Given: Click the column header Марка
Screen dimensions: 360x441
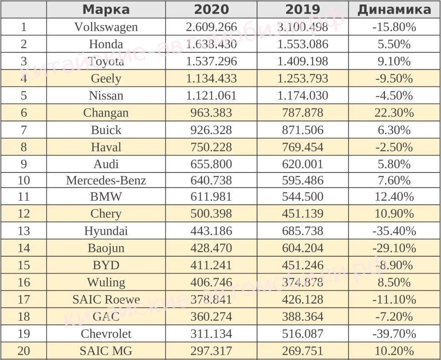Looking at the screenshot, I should [x=106, y=9].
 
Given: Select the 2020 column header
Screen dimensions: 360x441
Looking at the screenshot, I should [x=211, y=9].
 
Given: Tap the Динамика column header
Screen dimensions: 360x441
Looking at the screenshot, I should [x=394, y=9].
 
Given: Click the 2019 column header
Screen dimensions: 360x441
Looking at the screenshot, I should [x=303, y=9].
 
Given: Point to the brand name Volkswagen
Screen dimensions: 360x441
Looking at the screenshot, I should [x=106, y=27].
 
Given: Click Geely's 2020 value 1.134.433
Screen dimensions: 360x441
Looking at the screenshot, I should [x=211, y=79].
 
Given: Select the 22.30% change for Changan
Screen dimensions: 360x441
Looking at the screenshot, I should [x=394, y=112].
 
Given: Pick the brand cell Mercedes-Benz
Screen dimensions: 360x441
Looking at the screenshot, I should [x=106, y=180].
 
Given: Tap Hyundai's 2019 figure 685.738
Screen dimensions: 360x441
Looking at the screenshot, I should [x=303, y=231].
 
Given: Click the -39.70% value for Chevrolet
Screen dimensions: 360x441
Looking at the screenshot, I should [x=394, y=334].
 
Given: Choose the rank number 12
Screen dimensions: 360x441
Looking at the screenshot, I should [x=23, y=214].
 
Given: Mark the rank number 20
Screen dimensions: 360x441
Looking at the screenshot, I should [x=23, y=351].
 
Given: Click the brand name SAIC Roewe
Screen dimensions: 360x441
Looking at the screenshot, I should [x=106, y=300].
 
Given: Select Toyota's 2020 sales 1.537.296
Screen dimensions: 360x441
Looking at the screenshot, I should [x=211, y=61].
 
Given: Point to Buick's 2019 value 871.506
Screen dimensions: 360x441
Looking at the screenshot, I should [x=303, y=130].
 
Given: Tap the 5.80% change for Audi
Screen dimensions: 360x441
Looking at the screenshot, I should [x=394, y=164].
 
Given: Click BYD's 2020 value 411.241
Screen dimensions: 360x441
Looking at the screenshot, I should [x=211, y=265].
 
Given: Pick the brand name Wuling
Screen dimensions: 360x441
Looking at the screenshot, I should [x=106, y=282].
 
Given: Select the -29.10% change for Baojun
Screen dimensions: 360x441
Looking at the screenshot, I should [x=394, y=248].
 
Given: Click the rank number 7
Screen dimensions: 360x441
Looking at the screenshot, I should [x=23, y=130].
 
